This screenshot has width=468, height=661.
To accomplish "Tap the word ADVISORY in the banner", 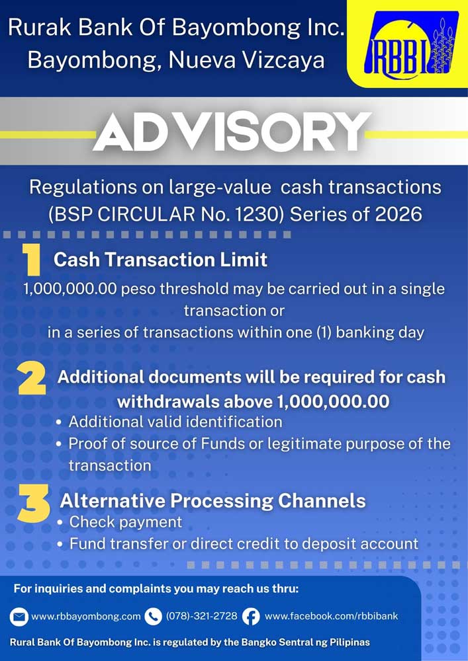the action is tap(232, 132).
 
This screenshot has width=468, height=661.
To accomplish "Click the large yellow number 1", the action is tap(32, 260).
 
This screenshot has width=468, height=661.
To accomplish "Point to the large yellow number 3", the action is tap(33, 503).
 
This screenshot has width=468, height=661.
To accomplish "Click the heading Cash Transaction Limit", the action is tap(160, 260).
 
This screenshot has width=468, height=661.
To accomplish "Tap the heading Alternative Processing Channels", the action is tap(212, 501).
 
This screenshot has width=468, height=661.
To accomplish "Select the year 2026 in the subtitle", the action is tap(398, 215).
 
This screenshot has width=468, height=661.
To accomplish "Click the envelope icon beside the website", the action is tap(19, 617).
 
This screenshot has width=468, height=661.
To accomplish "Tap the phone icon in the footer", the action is tap(153, 617).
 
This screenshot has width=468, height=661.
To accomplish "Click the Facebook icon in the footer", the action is tap(251, 617).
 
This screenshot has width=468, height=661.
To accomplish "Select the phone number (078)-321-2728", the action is tap(202, 616).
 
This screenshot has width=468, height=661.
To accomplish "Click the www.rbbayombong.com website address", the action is tap(86, 617).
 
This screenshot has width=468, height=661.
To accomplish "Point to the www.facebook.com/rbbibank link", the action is tap(331, 616).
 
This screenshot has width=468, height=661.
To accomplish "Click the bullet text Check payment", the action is tap(126, 522).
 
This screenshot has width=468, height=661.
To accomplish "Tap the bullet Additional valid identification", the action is tap(175, 422).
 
